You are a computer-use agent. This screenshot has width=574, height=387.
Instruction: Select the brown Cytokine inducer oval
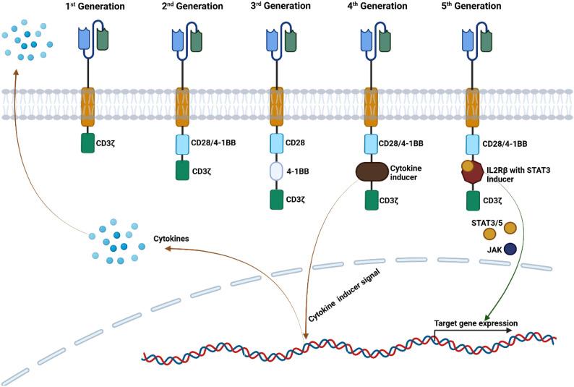372,172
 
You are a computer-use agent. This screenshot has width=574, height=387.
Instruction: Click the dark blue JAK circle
510,249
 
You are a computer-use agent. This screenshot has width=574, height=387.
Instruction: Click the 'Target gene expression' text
475,323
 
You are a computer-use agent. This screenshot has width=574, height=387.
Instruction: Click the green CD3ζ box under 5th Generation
474,200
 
